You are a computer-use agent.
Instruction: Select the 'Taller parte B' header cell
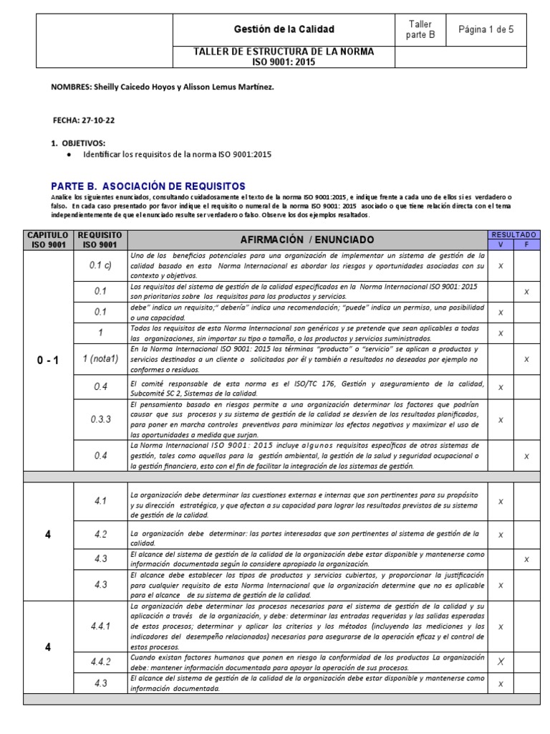click(420, 29)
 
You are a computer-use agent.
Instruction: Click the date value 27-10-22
click(98, 120)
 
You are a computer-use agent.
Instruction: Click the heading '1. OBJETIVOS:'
click(78, 143)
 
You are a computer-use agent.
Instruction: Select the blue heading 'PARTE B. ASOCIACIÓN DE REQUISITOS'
click(148, 186)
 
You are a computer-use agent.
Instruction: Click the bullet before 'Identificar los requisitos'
click(68, 154)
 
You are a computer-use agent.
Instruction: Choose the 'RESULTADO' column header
click(513, 234)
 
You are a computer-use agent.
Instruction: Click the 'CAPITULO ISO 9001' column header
click(48, 239)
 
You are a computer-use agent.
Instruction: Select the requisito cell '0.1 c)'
click(101, 265)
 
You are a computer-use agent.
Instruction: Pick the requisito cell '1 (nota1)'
click(101, 358)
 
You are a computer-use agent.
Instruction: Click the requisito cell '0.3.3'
click(101, 419)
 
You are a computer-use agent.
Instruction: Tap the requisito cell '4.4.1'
click(101, 626)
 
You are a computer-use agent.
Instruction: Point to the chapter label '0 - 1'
click(48, 360)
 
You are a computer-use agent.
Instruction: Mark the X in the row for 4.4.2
click(501, 662)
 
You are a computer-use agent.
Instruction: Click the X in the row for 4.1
click(501, 502)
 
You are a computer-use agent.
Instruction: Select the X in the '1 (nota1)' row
click(526, 358)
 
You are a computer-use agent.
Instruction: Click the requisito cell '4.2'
click(101, 535)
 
